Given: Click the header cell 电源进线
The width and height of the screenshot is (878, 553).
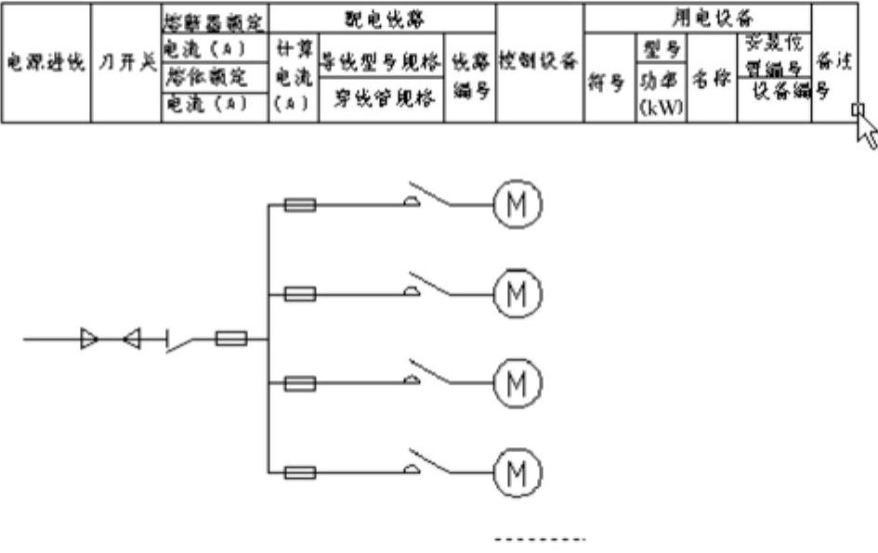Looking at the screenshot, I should pyautogui.click(x=45, y=62).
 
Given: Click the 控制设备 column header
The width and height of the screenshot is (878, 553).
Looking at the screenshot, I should pyautogui.click(x=539, y=61).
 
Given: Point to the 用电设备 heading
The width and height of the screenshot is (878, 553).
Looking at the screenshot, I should pyautogui.click(x=698, y=18).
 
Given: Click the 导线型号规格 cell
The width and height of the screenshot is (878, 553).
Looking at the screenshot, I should pyautogui.click(x=379, y=62).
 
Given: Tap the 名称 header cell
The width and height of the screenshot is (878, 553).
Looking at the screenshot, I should pyautogui.click(x=713, y=79).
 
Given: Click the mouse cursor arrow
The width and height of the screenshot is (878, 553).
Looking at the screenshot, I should pyautogui.click(x=864, y=130).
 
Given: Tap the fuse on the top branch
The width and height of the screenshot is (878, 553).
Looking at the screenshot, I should pyautogui.click(x=297, y=204).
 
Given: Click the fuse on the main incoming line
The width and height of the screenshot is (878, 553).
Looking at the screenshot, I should pyautogui.click(x=230, y=340).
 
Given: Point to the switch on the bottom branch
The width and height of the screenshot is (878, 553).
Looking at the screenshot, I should pyautogui.click(x=437, y=464).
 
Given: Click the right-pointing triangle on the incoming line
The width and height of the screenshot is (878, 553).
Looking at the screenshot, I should pyautogui.click(x=88, y=340).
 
